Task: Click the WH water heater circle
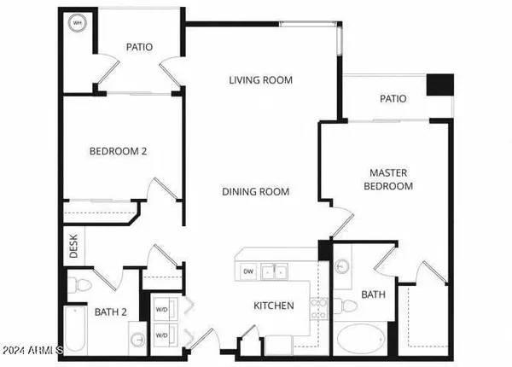tap(77, 23)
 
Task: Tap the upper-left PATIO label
tap(138, 47)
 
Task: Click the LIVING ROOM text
tap(260, 80)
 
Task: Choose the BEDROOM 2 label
tap(119, 151)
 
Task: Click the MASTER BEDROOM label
tap(388, 179)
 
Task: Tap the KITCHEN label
tap(273, 306)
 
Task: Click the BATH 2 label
tap(112, 312)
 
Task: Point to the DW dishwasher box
tap(248, 271)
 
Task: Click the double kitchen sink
tap(273, 271)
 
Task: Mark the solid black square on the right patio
tap(439, 85)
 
